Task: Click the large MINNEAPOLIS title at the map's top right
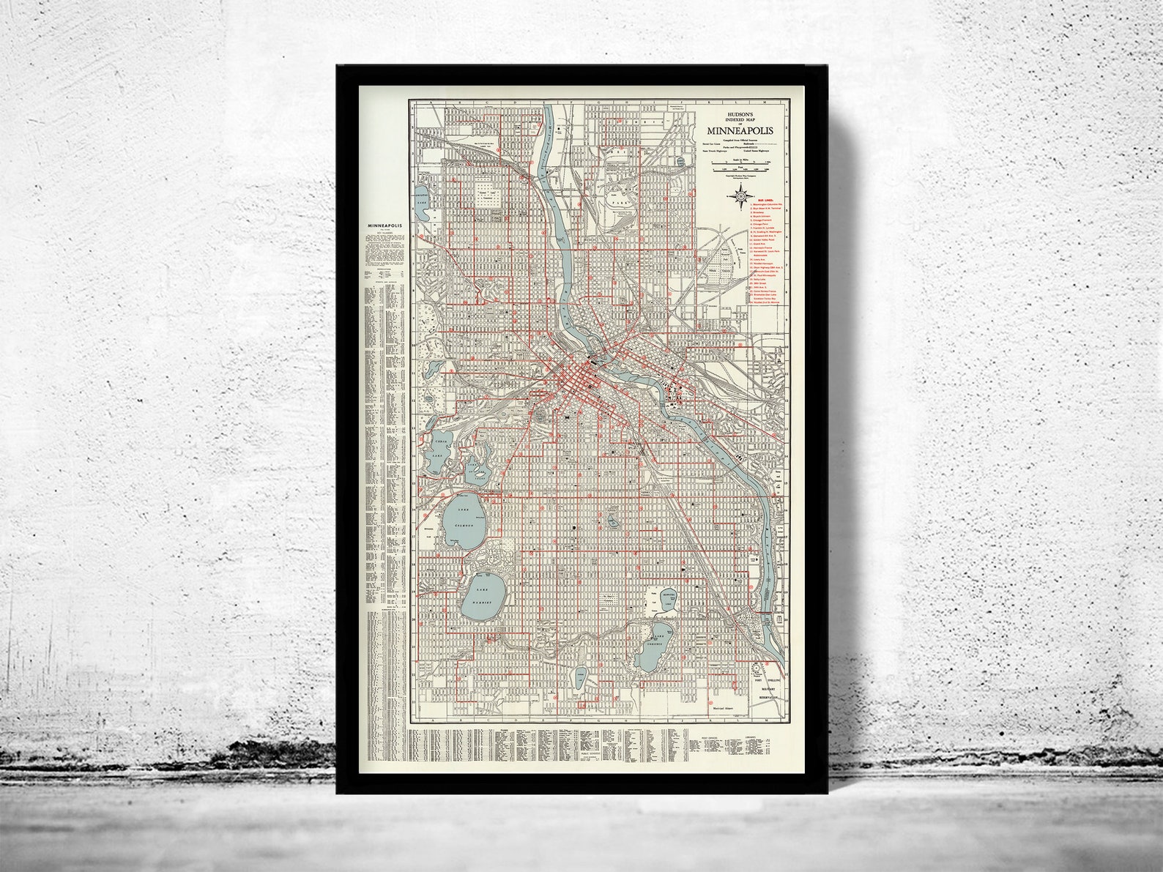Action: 740,130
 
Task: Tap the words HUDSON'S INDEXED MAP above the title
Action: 740,116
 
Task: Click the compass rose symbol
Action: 740,195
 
